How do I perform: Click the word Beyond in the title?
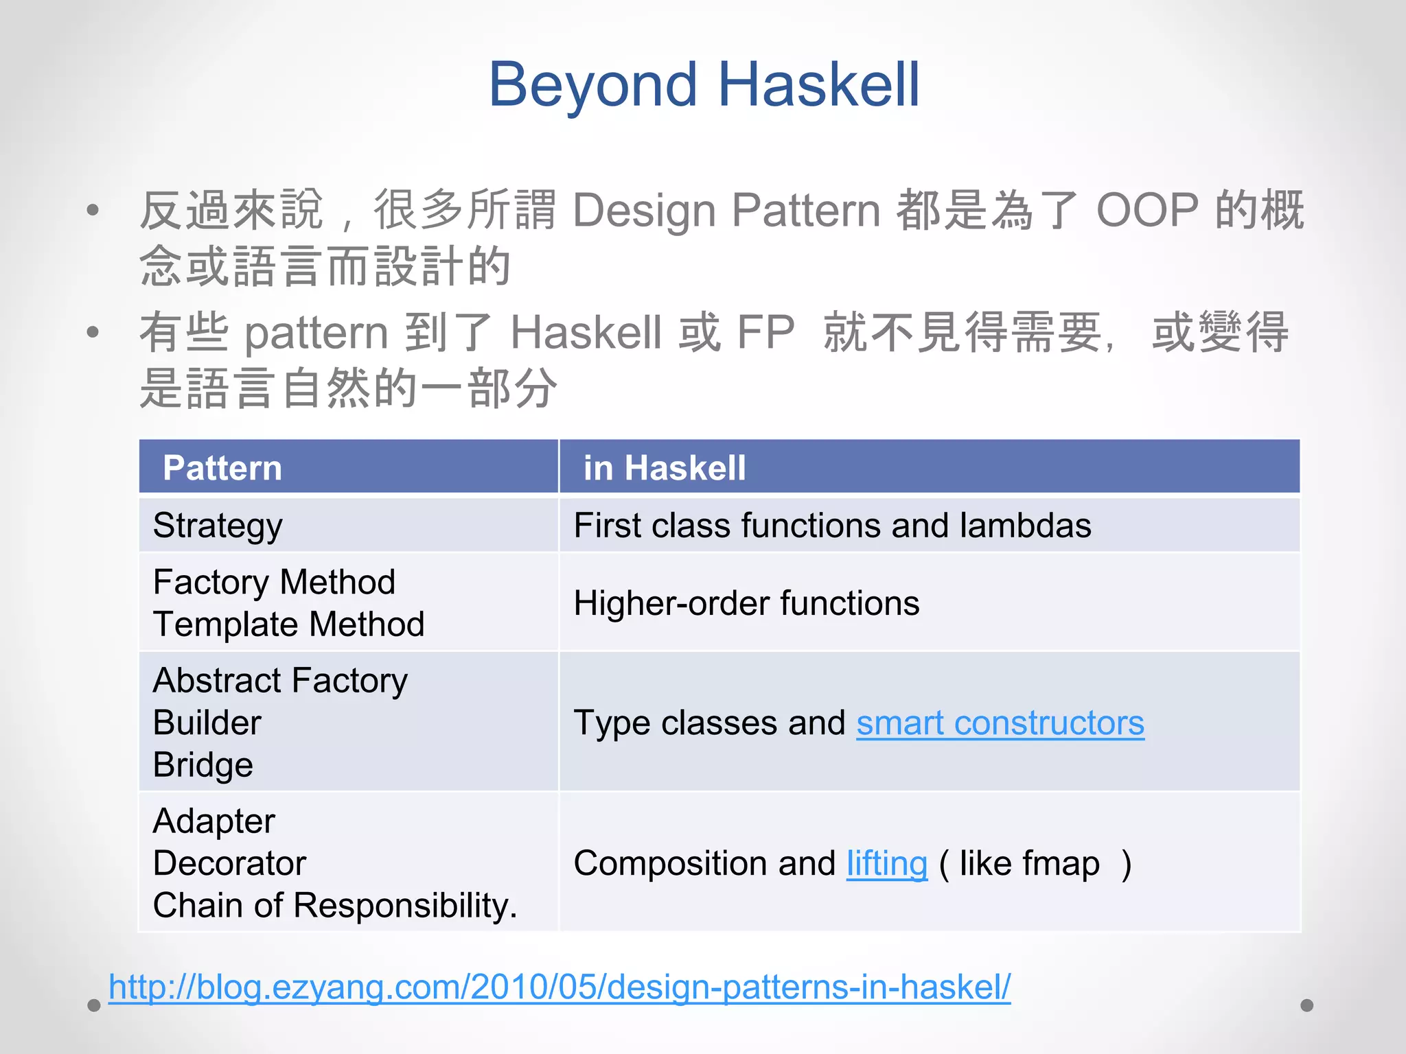[x=592, y=85]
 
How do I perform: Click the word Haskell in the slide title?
[x=818, y=85]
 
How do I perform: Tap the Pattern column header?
[x=222, y=468]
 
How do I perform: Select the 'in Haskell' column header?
[x=664, y=468]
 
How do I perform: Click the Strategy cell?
[x=218, y=526]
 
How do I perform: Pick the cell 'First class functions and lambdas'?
[x=831, y=526]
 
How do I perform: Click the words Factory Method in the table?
[x=274, y=583]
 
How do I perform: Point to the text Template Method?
[x=288, y=624]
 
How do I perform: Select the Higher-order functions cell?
[x=746, y=604]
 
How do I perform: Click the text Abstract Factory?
[x=280, y=681]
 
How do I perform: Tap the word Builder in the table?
[x=207, y=723]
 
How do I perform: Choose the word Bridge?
[x=203, y=765]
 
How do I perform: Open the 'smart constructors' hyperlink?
[x=1000, y=723]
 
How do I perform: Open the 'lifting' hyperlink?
[x=886, y=863]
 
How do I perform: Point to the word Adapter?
[x=214, y=821]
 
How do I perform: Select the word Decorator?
[x=229, y=863]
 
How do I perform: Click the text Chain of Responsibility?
[x=334, y=906]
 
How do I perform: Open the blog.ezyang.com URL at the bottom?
[x=560, y=987]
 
